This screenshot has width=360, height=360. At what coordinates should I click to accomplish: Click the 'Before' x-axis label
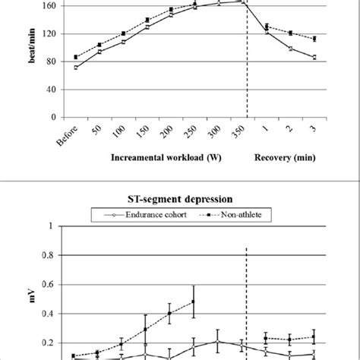(71, 136)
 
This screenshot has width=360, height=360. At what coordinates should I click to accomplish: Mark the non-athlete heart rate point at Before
(76, 57)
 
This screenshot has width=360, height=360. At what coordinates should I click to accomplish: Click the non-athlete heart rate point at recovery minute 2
(291, 33)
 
